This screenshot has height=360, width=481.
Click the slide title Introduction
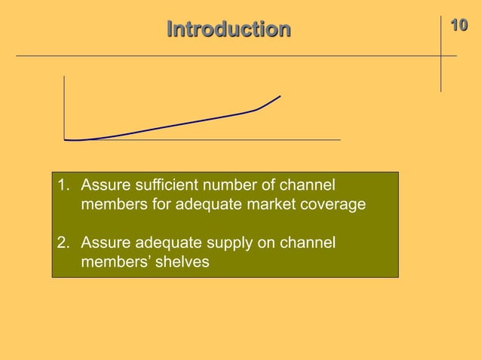coord(228,30)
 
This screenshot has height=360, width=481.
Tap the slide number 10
coord(458,26)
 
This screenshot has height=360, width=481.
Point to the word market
coord(278,204)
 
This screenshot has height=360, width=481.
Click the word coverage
coord(337,204)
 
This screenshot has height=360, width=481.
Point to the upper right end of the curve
coord(280,96)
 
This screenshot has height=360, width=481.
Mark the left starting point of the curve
coord(66,139)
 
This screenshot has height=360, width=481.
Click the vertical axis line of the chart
coord(65,105)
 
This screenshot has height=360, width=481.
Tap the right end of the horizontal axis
coord(339,139)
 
